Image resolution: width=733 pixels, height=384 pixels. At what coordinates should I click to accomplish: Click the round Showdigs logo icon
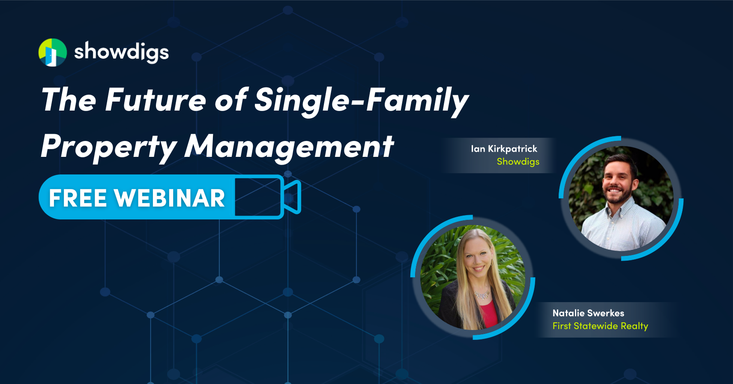click(x=53, y=53)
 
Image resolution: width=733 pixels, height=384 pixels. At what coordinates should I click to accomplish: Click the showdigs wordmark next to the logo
click(x=121, y=52)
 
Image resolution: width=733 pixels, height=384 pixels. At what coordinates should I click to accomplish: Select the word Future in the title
click(x=156, y=100)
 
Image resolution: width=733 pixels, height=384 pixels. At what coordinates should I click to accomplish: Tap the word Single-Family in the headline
click(x=361, y=100)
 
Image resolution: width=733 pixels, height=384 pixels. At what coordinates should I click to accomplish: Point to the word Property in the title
click(x=109, y=147)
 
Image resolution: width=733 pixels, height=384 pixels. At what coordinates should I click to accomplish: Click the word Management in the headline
click(x=289, y=147)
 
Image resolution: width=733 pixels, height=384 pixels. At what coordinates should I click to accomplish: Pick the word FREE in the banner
click(x=78, y=198)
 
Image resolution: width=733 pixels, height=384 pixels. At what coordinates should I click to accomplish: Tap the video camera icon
click(x=268, y=197)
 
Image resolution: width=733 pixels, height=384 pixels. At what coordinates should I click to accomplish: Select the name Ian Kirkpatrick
click(x=504, y=149)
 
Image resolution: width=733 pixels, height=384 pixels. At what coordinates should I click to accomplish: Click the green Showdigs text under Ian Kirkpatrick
click(x=518, y=162)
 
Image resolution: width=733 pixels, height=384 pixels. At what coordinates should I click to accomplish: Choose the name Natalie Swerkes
click(x=588, y=313)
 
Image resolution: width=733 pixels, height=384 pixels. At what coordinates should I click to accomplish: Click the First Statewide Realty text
click(x=600, y=326)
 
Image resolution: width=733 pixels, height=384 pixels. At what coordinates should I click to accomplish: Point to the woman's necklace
click(x=482, y=295)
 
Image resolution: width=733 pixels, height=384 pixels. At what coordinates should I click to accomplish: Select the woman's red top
click(x=488, y=315)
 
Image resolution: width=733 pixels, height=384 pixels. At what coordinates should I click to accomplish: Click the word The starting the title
click(x=69, y=100)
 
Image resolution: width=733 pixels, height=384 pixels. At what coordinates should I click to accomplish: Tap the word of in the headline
click(x=230, y=100)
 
